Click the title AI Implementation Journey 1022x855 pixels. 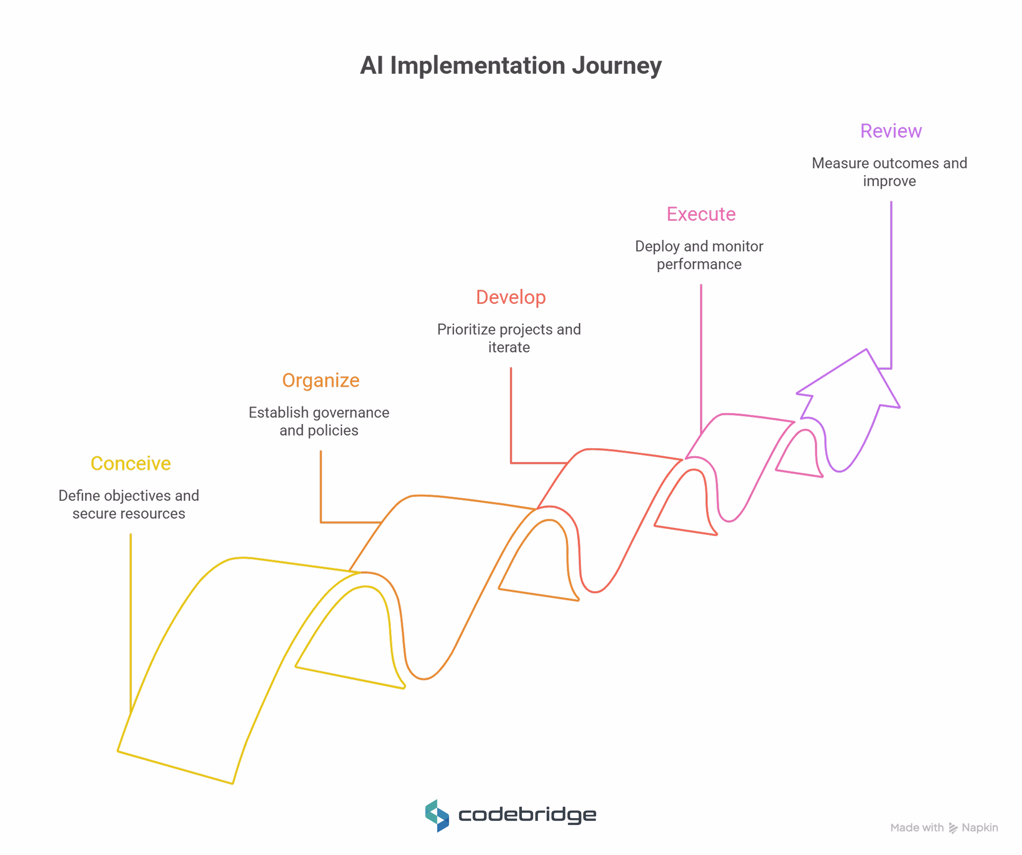click(511, 65)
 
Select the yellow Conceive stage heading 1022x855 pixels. click(130, 463)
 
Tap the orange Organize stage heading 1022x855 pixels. click(321, 380)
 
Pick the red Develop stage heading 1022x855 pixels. click(511, 297)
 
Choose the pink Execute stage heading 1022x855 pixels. click(701, 214)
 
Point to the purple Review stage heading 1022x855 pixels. click(891, 131)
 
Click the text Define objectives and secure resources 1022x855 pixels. click(129, 504)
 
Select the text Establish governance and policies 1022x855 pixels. click(319, 421)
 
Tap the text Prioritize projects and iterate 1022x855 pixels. click(509, 338)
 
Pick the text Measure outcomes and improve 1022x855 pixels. click(889, 172)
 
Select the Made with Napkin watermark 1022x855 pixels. click(944, 828)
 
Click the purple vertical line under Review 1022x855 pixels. click(891, 282)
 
